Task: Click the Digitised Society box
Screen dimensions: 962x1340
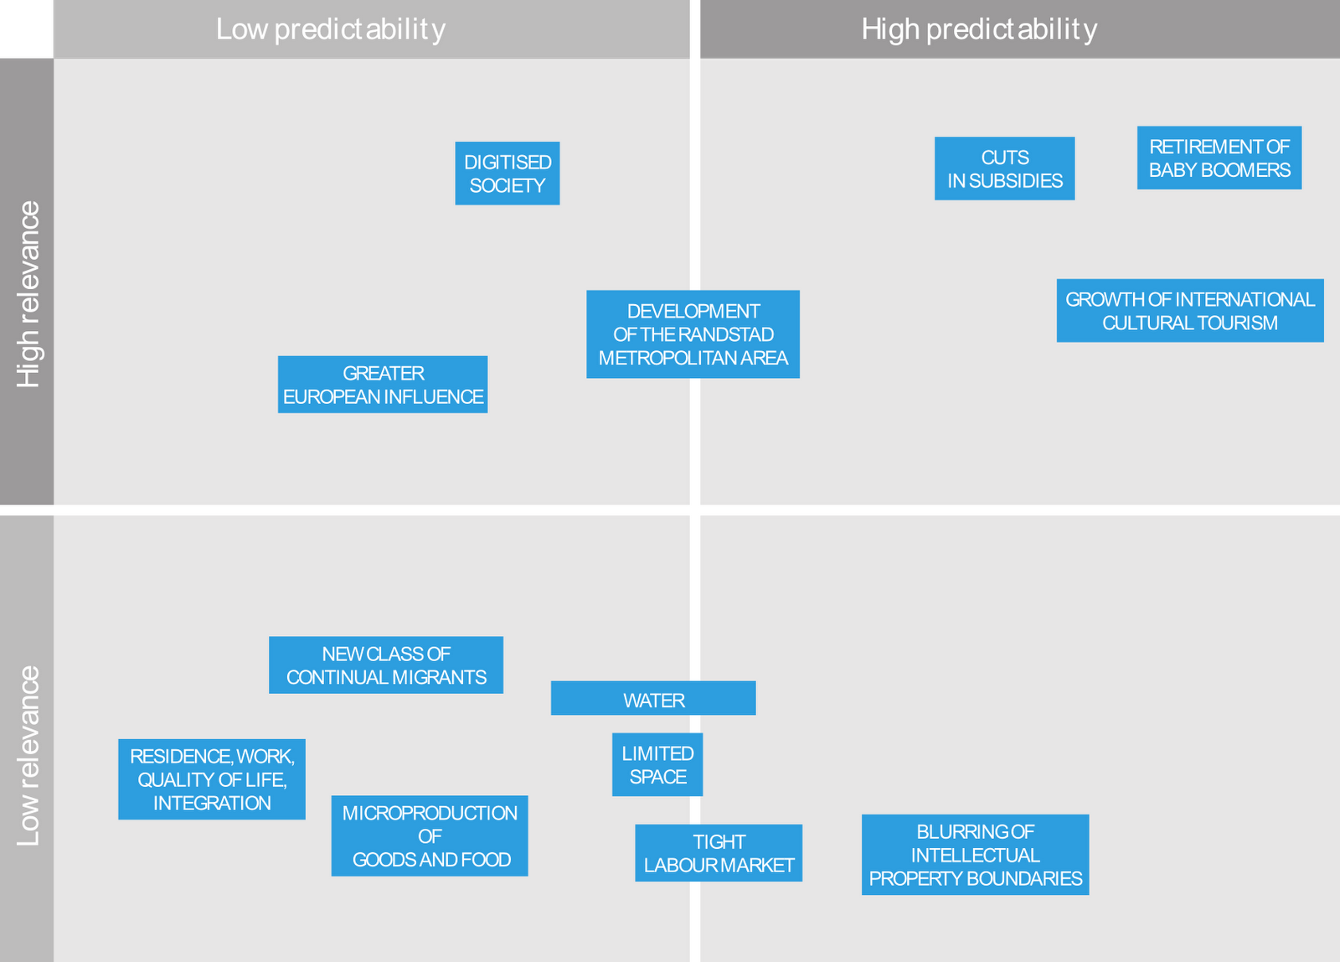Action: (x=507, y=173)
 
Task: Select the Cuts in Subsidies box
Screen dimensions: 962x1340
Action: (x=1004, y=168)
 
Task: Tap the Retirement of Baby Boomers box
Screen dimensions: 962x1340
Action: (x=1219, y=158)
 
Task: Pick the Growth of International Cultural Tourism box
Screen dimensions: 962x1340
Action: (x=1189, y=311)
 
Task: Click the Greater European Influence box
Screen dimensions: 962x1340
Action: (x=383, y=385)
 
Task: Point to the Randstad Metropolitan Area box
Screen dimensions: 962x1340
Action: (x=693, y=334)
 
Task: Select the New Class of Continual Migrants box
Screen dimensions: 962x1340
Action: (x=386, y=665)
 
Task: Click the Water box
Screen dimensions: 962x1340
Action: (x=653, y=699)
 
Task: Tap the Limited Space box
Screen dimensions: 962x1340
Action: (x=657, y=765)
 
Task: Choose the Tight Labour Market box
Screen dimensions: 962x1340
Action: (x=719, y=853)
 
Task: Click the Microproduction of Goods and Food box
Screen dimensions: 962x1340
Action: (x=430, y=836)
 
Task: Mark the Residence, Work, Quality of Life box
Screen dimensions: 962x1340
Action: (x=212, y=779)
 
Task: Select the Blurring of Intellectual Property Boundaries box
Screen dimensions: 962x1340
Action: (x=975, y=855)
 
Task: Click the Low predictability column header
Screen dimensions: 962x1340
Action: (x=331, y=29)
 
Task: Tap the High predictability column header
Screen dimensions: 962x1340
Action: (x=979, y=29)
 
